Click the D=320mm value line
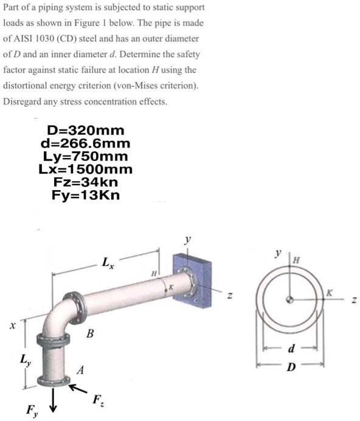pyautogui.click(x=85, y=131)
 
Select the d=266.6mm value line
pyautogui.click(x=85, y=143)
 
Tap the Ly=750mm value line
pyautogui.click(x=85, y=156)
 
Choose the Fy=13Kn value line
pyautogui.click(x=86, y=195)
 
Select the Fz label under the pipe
pyautogui.click(x=97, y=400)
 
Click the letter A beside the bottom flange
pyautogui.click(x=80, y=370)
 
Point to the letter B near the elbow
pyautogui.click(x=90, y=333)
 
